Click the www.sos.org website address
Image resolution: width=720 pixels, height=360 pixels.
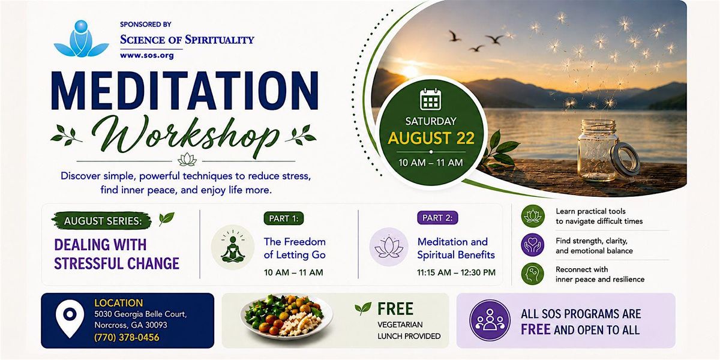[x=146, y=55]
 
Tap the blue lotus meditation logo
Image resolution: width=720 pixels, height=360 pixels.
[x=81, y=39]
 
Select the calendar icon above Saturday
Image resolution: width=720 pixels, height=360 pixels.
[x=430, y=100]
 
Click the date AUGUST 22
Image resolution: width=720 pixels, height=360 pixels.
[x=431, y=138]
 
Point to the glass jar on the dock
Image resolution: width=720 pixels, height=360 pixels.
[x=604, y=150]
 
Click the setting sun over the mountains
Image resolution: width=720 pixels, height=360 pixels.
[x=410, y=71]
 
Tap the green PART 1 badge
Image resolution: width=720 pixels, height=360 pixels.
[x=283, y=218]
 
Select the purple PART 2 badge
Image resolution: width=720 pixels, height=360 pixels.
[x=437, y=218]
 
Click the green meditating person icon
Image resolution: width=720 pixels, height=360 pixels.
[x=233, y=247]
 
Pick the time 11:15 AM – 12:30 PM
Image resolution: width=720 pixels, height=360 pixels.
[x=456, y=272]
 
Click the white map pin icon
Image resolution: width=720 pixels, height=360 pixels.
[x=70, y=319]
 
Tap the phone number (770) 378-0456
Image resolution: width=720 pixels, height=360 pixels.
[x=127, y=337]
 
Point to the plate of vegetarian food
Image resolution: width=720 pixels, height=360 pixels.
[x=286, y=316]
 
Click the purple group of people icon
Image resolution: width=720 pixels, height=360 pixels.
[x=490, y=320]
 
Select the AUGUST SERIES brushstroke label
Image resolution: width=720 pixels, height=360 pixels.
[x=102, y=221]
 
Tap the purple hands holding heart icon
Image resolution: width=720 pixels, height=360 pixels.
[x=533, y=245]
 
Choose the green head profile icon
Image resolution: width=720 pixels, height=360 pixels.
[x=533, y=274]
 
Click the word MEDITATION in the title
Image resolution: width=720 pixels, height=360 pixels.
[x=185, y=91]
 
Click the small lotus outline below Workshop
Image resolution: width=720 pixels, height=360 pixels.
[x=187, y=160]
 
